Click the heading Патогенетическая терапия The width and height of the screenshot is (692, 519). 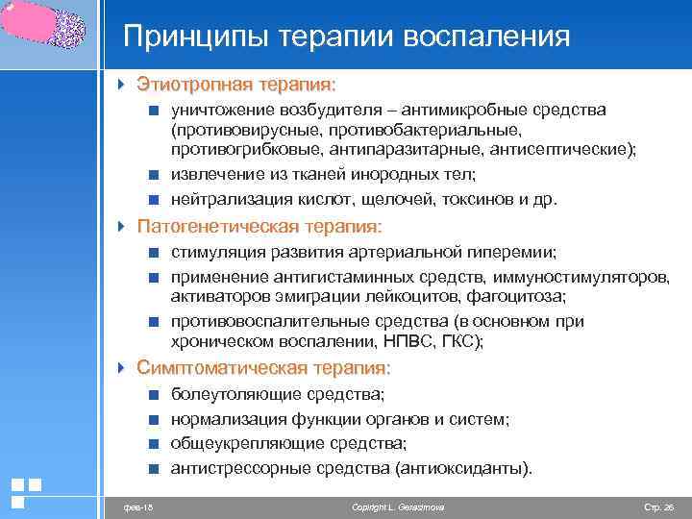tap(259, 227)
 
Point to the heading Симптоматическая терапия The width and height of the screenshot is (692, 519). tap(263, 368)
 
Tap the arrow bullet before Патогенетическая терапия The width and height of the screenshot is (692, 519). tap(120, 227)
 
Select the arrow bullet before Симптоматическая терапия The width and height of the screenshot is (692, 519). tap(120, 368)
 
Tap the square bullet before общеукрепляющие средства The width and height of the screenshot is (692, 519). tap(153, 444)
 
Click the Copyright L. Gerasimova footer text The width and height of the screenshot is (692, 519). tap(398, 506)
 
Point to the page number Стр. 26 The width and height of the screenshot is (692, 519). tap(659, 506)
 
